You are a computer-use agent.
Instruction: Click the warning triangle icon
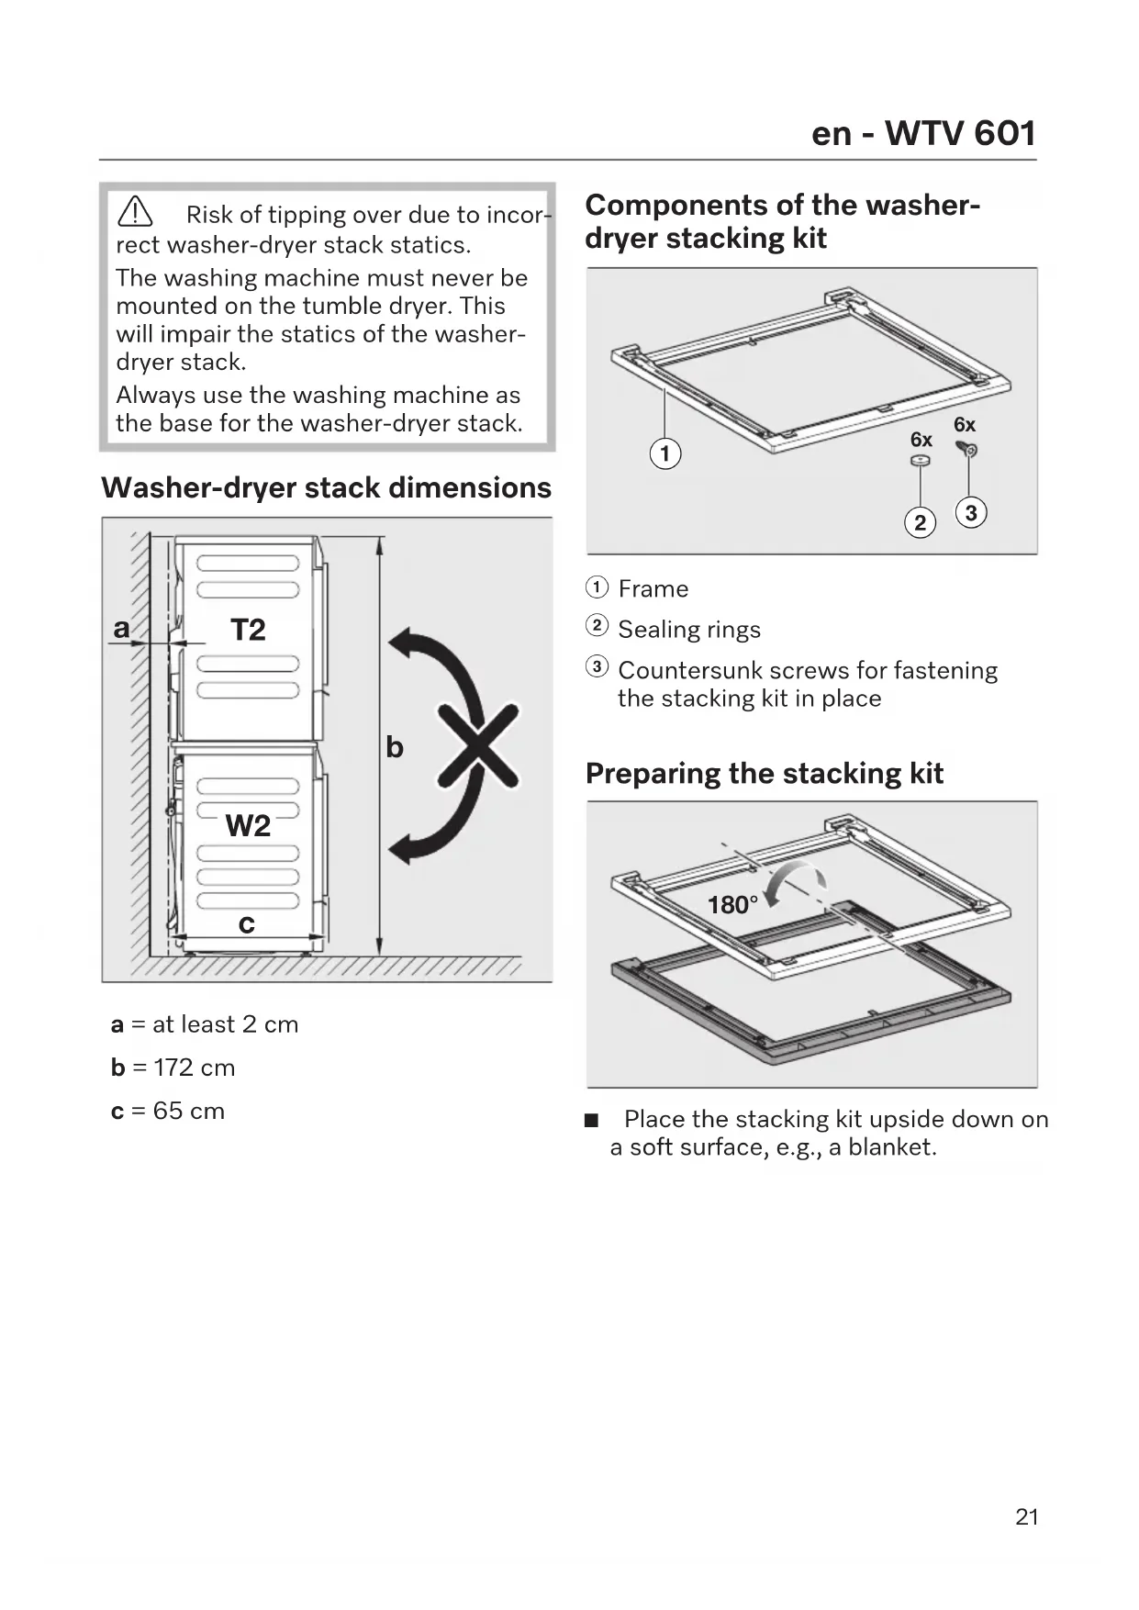[135, 212]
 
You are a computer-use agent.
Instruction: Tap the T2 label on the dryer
[248, 630]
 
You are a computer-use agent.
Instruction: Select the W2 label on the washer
[248, 826]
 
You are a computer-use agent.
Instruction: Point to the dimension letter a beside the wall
[121, 628]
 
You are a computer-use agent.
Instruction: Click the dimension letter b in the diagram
[395, 747]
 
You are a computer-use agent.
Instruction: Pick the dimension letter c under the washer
[246, 923]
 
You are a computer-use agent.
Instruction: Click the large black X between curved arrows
[477, 745]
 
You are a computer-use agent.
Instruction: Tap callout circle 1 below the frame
[665, 453]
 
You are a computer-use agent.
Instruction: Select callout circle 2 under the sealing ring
[921, 522]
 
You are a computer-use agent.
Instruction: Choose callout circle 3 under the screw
[971, 512]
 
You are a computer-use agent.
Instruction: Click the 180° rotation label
[732, 905]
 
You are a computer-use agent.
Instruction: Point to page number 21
[1027, 1517]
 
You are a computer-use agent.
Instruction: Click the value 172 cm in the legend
[195, 1068]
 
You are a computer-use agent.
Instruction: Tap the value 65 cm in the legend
[189, 1111]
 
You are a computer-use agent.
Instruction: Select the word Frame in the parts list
[653, 588]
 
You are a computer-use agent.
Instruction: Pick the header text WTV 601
[960, 133]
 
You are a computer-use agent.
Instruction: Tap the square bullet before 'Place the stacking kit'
[592, 1120]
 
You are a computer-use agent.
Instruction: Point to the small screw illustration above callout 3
[968, 449]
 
